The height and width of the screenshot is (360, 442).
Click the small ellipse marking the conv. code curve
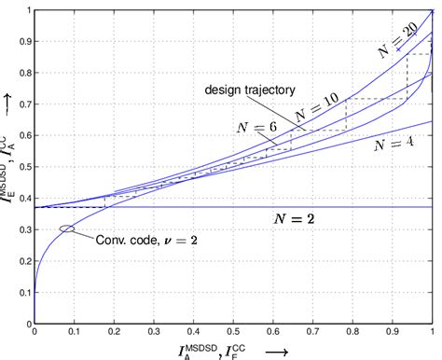coord(66,228)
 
